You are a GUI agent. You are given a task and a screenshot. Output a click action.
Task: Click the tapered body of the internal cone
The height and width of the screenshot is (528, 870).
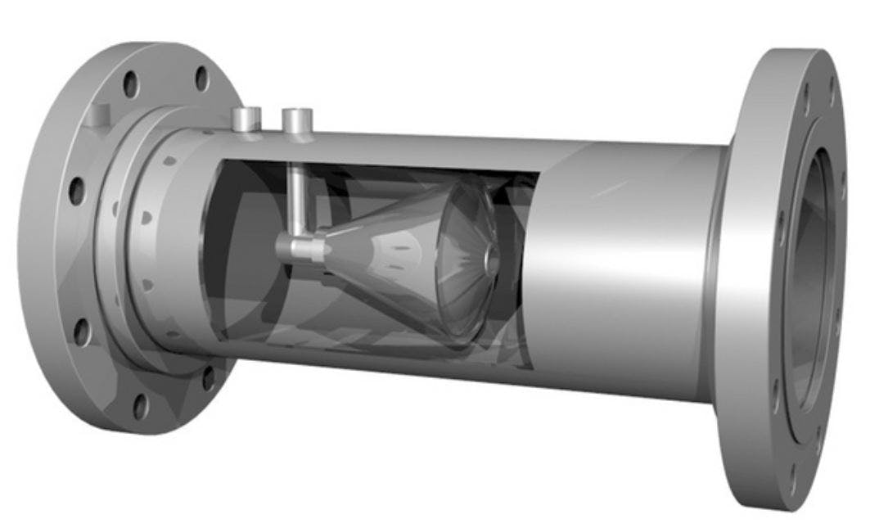(376, 246)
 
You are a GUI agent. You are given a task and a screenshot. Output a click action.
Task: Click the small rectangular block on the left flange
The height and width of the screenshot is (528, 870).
(100, 115)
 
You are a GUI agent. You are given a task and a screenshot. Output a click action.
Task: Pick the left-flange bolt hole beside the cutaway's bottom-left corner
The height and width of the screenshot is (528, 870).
(208, 377)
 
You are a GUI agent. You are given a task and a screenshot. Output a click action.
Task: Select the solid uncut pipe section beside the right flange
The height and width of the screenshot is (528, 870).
(622, 270)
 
